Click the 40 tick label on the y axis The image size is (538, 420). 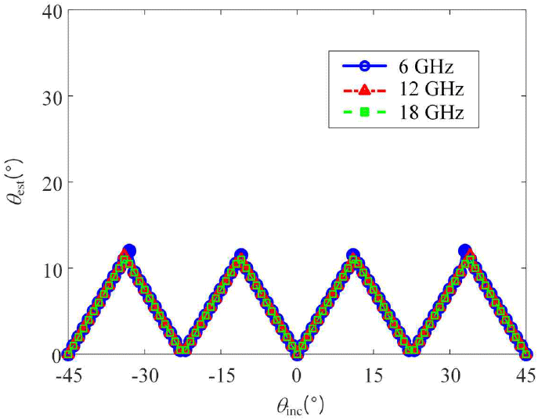click(x=50, y=10)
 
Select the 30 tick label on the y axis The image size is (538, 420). click(x=50, y=96)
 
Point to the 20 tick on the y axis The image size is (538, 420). click(x=50, y=182)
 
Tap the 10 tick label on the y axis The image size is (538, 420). click(x=50, y=268)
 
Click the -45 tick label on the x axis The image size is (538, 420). click(x=68, y=375)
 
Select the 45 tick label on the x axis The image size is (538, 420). click(x=525, y=375)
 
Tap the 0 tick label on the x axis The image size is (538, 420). click(x=297, y=375)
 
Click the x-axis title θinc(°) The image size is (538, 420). click(x=298, y=405)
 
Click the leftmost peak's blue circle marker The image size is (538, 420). click(x=129, y=251)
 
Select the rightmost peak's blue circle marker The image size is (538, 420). click(x=464, y=251)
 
